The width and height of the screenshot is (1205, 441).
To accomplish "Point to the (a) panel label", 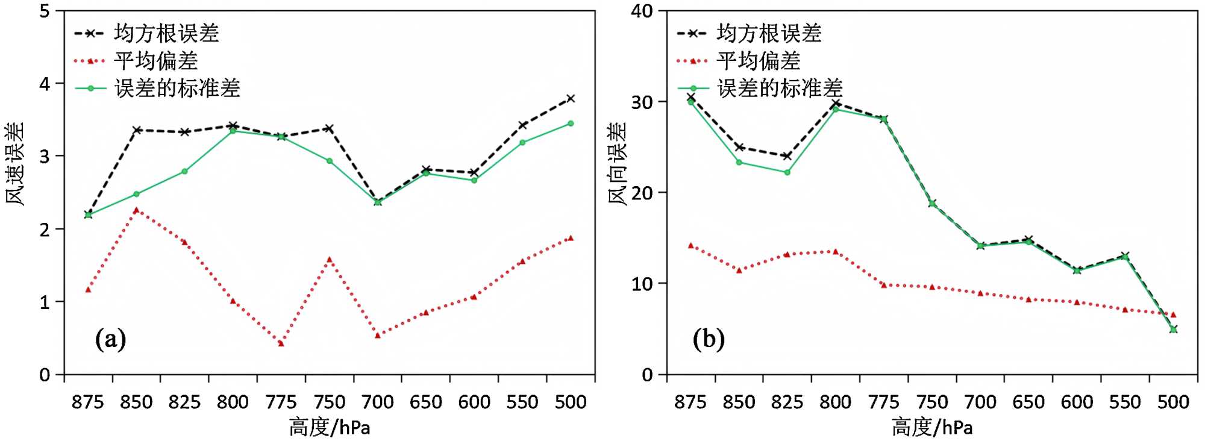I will pos(110,339).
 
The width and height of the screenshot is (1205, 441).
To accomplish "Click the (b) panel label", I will pos(709,339).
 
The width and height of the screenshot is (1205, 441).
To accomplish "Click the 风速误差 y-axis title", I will pos(16,164).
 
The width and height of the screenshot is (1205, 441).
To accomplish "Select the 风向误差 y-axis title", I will pos(618,164).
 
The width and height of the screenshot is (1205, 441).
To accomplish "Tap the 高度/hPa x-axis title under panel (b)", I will pos(932,427).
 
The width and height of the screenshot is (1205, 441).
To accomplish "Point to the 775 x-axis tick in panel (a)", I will pos(281,402).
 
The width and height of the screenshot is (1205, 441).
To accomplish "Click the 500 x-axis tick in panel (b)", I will pos(1173,402).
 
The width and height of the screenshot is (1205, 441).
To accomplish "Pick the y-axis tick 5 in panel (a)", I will pos(45,11).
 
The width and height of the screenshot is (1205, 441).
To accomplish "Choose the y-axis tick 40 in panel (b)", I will pos(642,11).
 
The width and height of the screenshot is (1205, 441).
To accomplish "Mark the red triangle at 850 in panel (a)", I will pos(137,210).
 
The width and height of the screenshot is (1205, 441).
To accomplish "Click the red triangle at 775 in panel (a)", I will pos(281,343).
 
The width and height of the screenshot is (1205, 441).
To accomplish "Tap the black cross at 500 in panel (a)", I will pos(571,98).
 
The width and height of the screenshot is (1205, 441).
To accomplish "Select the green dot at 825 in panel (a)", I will pos(185,172).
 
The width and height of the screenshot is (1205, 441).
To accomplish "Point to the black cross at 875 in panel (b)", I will pos(691,97).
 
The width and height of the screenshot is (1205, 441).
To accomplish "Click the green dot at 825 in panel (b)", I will pos(787,172).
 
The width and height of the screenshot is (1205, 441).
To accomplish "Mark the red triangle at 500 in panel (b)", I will pos(1173,314).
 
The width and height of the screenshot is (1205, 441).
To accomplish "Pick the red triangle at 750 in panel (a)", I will pos(330,260).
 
